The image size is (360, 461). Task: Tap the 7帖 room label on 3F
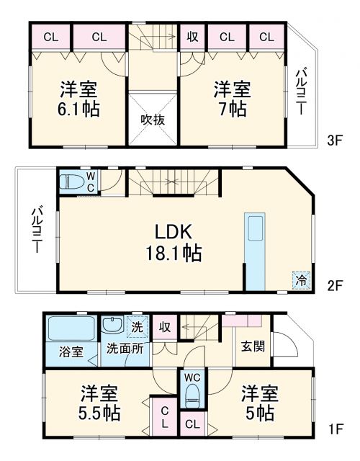click(230, 100)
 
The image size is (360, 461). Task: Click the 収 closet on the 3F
click(192, 37)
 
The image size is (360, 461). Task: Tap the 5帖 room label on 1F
click(259, 405)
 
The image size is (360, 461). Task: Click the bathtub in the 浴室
click(70, 330)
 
